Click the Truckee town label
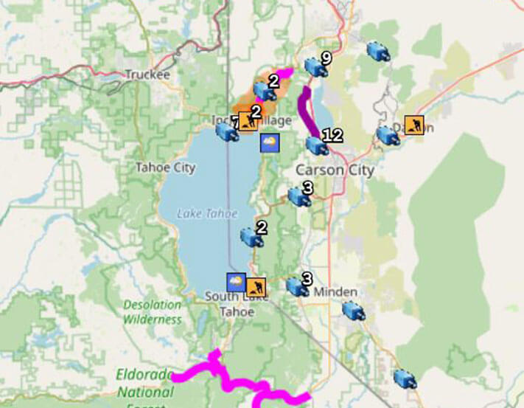(x=147, y=75)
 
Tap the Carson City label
(x=335, y=170)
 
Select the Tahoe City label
(x=165, y=167)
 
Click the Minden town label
(x=335, y=291)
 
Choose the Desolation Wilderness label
(x=152, y=312)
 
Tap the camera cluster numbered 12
(x=317, y=145)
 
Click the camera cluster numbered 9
(x=316, y=67)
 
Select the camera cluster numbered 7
(x=225, y=131)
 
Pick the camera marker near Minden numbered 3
(x=297, y=286)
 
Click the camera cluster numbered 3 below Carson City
(x=298, y=196)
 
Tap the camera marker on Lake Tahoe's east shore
(x=251, y=237)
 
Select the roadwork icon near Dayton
(x=415, y=125)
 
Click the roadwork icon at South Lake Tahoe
(x=256, y=286)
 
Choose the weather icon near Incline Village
(x=270, y=142)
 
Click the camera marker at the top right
(x=378, y=51)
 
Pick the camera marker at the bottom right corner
(x=404, y=379)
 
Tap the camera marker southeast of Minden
(x=354, y=311)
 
